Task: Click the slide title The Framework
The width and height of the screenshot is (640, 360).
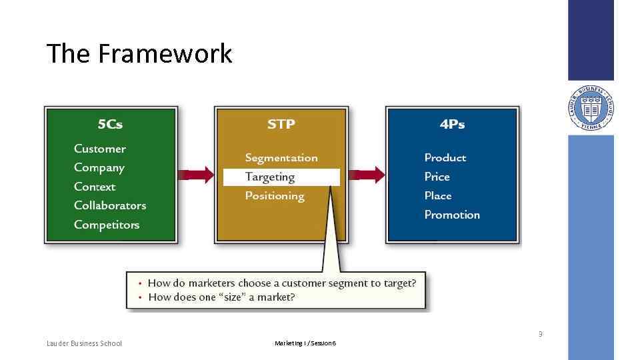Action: [139, 53]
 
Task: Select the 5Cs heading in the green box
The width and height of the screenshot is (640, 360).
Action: [110, 124]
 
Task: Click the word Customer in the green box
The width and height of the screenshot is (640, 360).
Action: [99, 149]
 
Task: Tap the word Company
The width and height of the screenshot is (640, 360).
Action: [99, 168]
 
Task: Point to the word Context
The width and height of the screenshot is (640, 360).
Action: [95, 187]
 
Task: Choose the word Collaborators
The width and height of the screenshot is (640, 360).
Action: [110, 205]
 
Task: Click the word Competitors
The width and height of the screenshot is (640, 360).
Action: [107, 225]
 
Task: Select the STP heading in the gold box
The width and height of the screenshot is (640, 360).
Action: [281, 124]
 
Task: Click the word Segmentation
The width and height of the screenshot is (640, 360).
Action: [281, 158]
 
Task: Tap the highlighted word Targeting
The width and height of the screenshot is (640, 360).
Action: [270, 177]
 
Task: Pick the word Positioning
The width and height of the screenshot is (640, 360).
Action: [275, 196]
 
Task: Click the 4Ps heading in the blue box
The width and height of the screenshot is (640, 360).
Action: [452, 124]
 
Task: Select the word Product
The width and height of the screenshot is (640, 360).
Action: [445, 158]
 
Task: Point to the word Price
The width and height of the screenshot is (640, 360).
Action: [437, 177]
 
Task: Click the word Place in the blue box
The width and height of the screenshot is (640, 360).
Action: [438, 196]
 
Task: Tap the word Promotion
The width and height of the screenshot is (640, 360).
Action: [452, 215]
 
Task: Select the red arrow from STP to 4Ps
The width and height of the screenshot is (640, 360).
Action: [367, 175]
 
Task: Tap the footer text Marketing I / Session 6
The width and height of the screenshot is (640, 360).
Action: [305, 343]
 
